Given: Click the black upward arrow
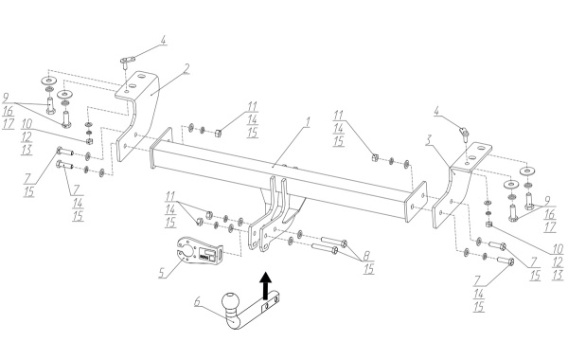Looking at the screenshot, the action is pyautogui.click(x=266, y=285).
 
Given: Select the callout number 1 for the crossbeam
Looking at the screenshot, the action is pyautogui.click(x=308, y=122).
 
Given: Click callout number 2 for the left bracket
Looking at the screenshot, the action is pyautogui.click(x=186, y=68).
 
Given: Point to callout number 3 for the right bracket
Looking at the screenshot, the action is pyautogui.click(x=429, y=140).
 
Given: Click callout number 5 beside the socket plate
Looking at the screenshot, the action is pyautogui.click(x=162, y=272).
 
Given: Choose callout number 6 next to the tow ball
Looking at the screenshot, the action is pyautogui.click(x=198, y=301).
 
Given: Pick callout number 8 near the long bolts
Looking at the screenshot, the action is pyautogui.click(x=367, y=255).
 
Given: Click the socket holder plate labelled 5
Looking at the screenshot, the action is pyautogui.click(x=200, y=253).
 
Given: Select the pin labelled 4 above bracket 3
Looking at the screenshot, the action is pyautogui.click(x=464, y=133).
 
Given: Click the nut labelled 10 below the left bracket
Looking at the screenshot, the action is pyautogui.click(x=89, y=140).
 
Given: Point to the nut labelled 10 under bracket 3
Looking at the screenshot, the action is pyautogui.click(x=488, y=225).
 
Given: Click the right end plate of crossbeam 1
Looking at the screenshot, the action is pyautogui.click(x=416, y=202).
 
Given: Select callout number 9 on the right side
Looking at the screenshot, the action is pyautogui.click(x=547, y=201).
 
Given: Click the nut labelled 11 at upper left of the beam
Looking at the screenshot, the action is pyautogui.click(x=218, y=133).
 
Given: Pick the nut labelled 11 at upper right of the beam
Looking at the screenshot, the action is pyautogui.click(x=375, y=157).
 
